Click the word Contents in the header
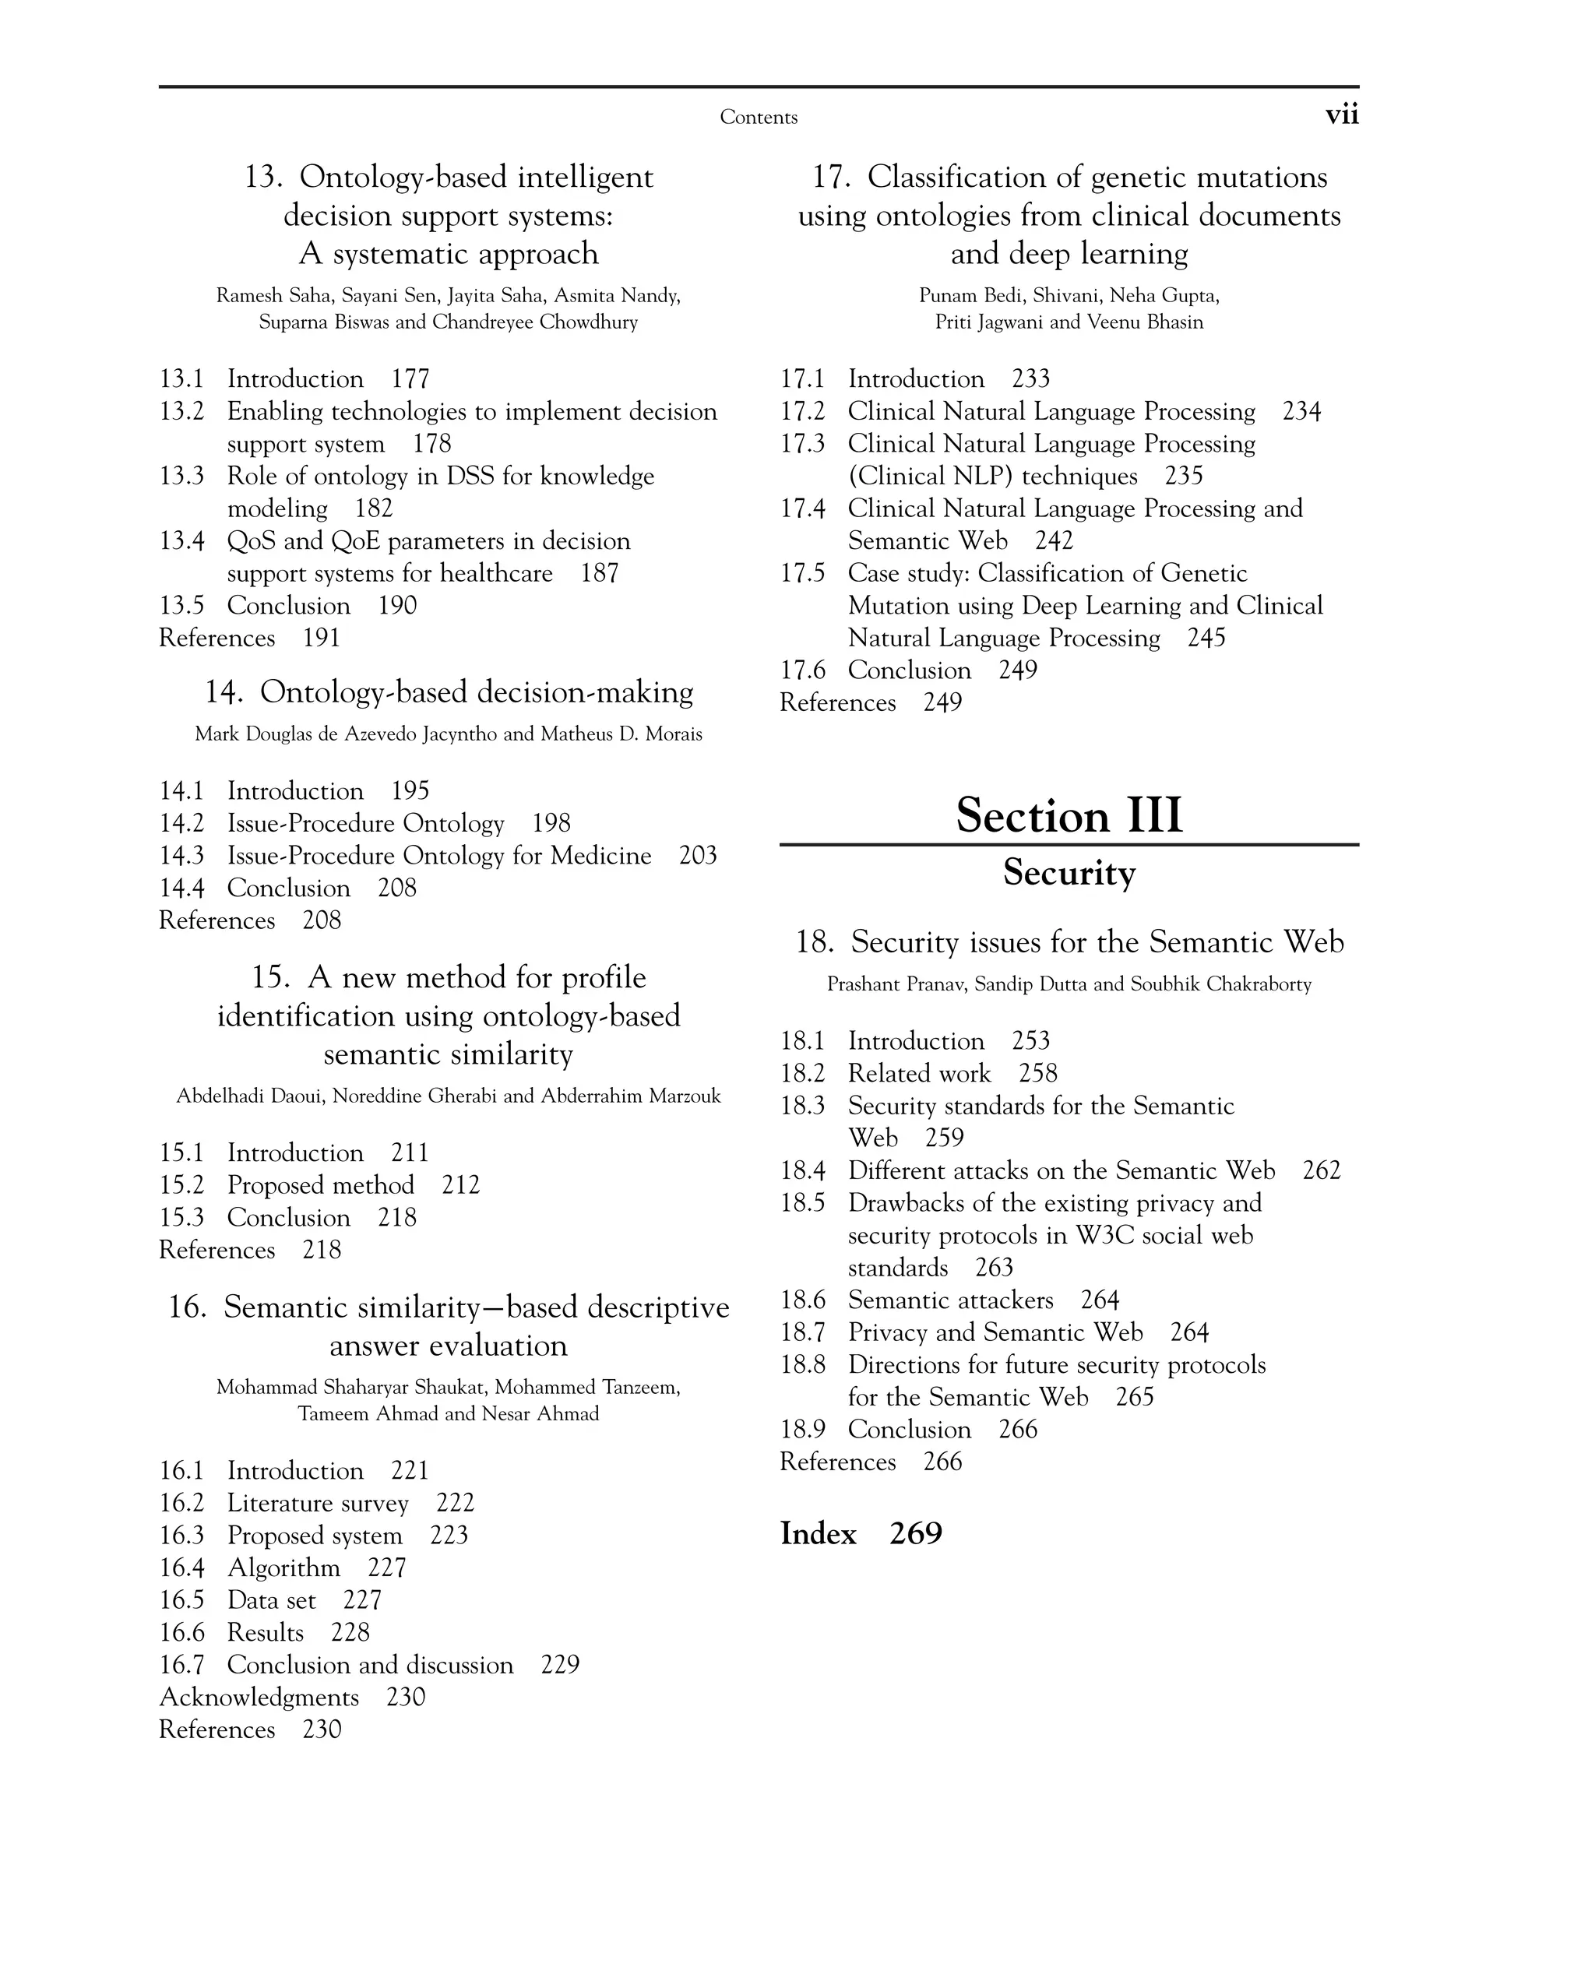[x=758, y=117]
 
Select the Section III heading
[x=1069, y=815]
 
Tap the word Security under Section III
[x=1069, y=872]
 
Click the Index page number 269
[x=915, y=1533]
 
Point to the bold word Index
[x=818, y=1533]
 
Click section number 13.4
[x=181, y=541]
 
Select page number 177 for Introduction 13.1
[x=410, y=379]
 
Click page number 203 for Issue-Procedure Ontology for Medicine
[x=697, y=857]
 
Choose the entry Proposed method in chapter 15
[x=321, y=1185]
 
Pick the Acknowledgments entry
[x=259, y=1698]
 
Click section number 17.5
[x=802, y=573]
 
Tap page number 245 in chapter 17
[x=1206, y=639]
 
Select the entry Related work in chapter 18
[x=919, y=1074]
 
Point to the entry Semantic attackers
[x=950, y=1301]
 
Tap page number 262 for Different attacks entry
[x=1321, y=1170]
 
